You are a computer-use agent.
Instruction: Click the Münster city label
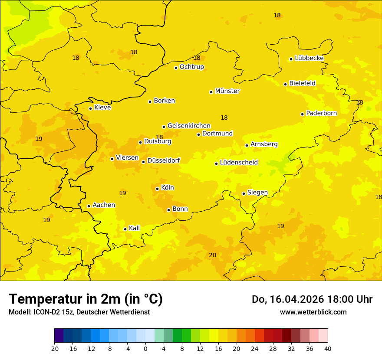[227, 91]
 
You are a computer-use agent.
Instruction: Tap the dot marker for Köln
[157, 189]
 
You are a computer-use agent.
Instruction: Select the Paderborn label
[321, 113]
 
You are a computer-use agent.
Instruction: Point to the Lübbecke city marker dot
[291, 59]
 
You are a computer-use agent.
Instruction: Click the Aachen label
[104, 205]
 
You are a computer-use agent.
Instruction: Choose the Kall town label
[135, 228]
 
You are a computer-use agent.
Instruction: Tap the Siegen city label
[257, 193]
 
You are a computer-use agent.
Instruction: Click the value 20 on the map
[213, 255]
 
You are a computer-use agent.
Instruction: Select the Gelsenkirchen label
[189, 126]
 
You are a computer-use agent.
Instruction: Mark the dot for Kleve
[90, 108]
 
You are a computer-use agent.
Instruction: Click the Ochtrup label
[191, 67]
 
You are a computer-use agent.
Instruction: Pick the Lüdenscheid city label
[239, 163]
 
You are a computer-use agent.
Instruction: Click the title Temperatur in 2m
[86, 299]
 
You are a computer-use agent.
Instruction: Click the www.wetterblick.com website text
[313, 312]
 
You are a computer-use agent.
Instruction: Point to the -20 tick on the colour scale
[54, 348]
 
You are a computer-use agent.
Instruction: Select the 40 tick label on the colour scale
[328, 348]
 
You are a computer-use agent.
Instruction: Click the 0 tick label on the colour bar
[145, 348]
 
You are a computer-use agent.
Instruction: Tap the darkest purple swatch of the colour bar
[59, 336]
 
